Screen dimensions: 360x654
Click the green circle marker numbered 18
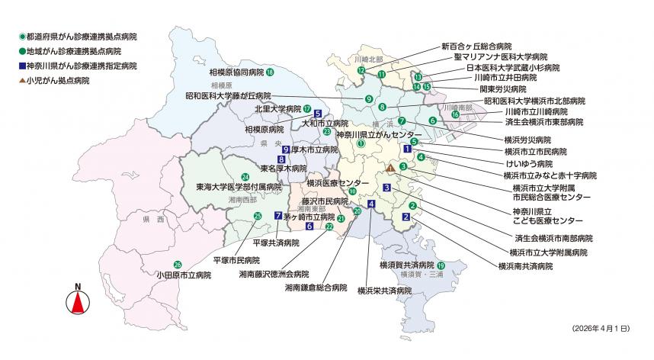pyautogui.click(x=270, y=72)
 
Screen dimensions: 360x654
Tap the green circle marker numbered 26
pyautogui.click(x=178, y=265)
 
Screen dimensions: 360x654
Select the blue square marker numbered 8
pyautogui.click(x=281, y=159)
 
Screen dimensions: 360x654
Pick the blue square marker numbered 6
pyautogui.click(x=309, y=226)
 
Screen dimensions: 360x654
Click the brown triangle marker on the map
pyautogui.click(x=390, y=168)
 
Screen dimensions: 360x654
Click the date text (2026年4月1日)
pyautogui.click(x=599, y=327)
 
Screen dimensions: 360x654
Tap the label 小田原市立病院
pyautogui.click(x=181, y=274)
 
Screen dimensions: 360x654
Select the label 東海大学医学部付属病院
pyautogui.click(x=233, y=186)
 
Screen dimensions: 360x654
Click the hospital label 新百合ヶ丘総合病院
pyautogui.click(x=476, y=46)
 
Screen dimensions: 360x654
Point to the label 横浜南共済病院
pyautogui.click(x=525, y=266)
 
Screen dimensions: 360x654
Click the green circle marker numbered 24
pyautogui.click(x=245, y=176)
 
